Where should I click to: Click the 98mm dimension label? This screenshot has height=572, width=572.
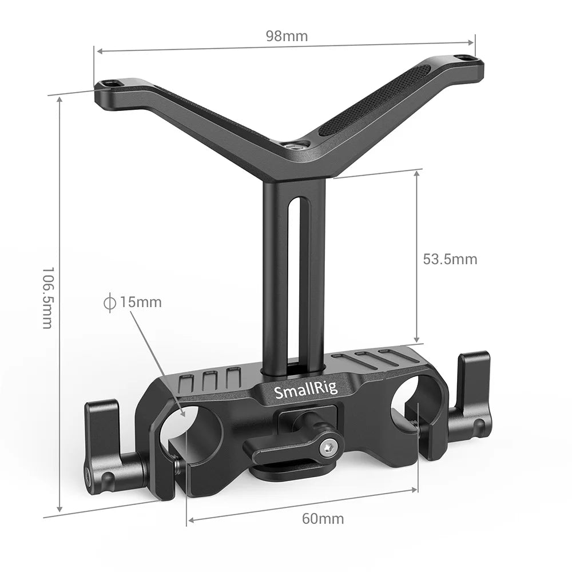click(x=287, y=37)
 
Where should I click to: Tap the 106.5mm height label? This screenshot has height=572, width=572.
click(x=47, y=297)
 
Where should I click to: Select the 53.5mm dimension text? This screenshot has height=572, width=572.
click(x=450, y=259)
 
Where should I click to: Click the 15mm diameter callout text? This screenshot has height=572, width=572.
click(x=140, y=302)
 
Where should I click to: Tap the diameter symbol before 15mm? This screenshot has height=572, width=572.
click(x=109, y=302)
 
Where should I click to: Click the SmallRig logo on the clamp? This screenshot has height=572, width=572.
click(x=306, y=391)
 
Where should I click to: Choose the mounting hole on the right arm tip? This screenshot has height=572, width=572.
click(x=464, y=58)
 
